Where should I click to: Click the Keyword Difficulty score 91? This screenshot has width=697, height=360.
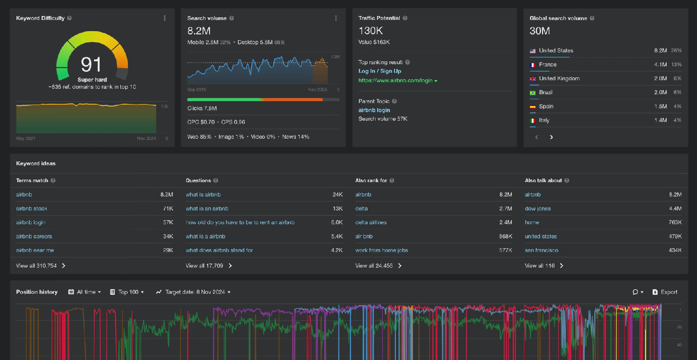91,64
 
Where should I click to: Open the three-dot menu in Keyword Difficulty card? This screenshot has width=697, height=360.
165,18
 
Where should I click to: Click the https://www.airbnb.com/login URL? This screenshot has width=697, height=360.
395,81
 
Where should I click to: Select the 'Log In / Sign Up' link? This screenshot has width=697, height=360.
379,71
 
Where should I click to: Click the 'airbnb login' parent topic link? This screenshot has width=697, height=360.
374,110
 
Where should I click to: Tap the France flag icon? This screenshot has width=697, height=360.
533,65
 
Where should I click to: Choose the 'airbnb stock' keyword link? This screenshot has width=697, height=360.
32,209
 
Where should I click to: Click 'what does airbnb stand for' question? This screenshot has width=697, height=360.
219,251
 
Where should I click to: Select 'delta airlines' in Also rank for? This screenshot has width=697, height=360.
370,223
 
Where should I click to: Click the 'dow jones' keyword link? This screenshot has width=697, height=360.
537,209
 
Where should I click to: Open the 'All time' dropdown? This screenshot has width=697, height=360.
85,292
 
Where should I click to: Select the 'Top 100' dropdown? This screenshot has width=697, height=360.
127,292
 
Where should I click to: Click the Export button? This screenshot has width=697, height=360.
665,292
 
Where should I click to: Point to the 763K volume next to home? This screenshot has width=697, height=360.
675,223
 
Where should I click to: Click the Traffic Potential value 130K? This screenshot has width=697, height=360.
370,31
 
